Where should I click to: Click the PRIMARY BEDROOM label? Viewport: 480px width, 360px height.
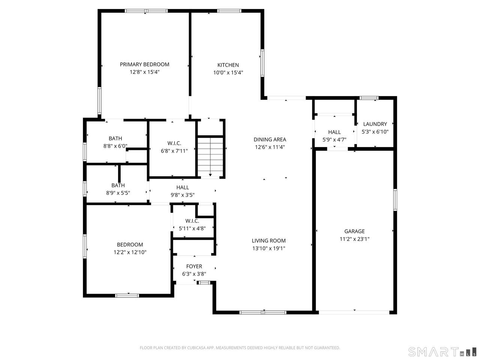144,64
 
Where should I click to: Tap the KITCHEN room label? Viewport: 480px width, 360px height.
228,65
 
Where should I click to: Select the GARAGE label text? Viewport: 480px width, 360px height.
354,231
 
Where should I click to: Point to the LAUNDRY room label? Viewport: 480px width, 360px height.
375,124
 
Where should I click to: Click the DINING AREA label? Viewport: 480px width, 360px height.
270,139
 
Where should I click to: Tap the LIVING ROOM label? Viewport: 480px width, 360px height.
269,241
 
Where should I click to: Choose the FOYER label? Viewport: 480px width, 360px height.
194,266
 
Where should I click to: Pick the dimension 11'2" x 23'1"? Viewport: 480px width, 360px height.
354,239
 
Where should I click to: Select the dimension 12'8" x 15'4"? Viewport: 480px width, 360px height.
144,72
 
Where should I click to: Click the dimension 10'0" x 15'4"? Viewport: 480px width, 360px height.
228,73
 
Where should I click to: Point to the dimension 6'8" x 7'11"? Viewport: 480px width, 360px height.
174,151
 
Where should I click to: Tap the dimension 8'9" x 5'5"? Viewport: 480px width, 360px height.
118,193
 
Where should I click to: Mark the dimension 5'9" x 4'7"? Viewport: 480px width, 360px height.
334,139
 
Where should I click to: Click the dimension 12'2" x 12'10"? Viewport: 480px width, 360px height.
130,252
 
